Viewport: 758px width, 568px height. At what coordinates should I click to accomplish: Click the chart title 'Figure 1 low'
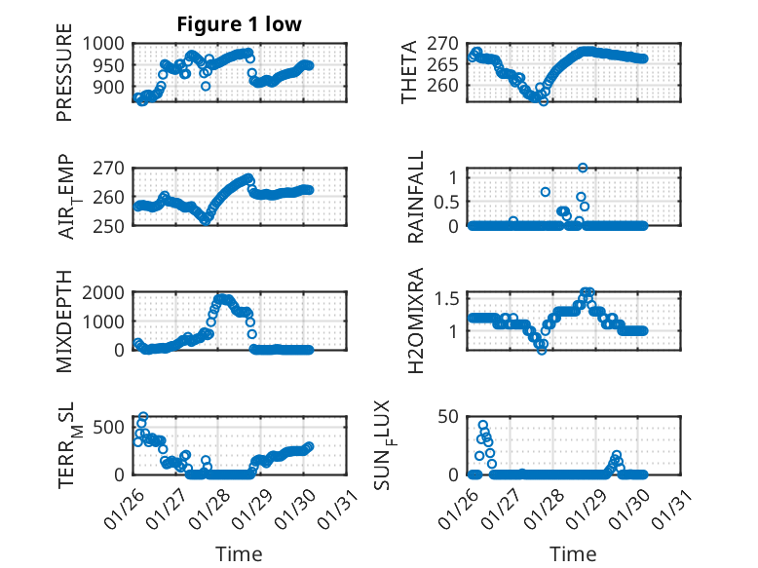tap(240, 25)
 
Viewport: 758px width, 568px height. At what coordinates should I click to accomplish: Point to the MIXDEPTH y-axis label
tap(64, 321)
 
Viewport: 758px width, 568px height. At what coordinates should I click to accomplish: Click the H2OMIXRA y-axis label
tap(416, 321)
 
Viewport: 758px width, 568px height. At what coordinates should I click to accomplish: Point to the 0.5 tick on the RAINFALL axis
tap(446, 202)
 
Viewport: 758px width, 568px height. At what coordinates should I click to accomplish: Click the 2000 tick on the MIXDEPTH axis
tap(104, 292)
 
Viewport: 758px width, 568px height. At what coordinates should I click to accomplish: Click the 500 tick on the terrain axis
tap(109, 426)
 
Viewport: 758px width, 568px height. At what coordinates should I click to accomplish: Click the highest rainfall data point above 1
tap(583, 168)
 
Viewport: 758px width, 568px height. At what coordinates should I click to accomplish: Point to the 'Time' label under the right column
tap(573, 553)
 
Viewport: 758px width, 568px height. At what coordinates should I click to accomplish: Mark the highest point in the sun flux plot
tap(483, 425)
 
